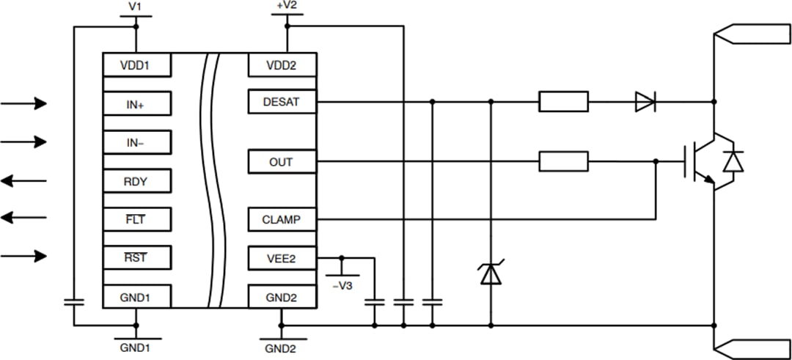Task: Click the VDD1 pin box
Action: click(x=136, y=65)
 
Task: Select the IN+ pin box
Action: click(x=136, y=103)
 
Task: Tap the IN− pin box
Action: click(x=136, y=142)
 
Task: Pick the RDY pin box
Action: click(x=136, y=180)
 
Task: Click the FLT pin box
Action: click(x=136, y=218)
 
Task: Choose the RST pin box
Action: click(x=136, y=257)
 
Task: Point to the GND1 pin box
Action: click(x=136, y=296)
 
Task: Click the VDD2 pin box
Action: click(x=282, y=65)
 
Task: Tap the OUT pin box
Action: click(x=282, y=161)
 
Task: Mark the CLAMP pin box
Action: click(x=282, y=219)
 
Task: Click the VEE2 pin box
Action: click(x=282, y=258)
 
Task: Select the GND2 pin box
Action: click(x=282, y=296)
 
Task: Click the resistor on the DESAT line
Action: click(x=563, y=102)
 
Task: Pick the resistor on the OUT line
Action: click(x=563, y=161)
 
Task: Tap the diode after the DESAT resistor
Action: click(x=645, y=102)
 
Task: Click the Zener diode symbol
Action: click(x=490, y=273)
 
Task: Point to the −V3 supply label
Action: click(x=342, y=285)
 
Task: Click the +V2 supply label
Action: click(x=287, y=6)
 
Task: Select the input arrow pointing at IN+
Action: click(x=23, y=103)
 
